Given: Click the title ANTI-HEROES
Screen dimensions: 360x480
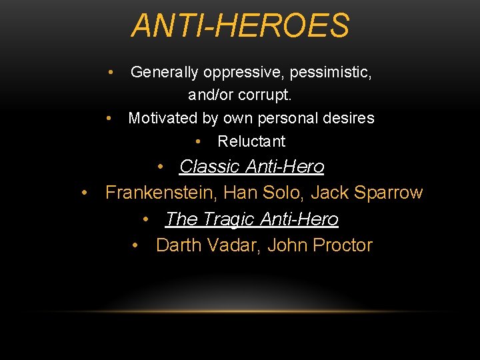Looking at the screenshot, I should [240, 26].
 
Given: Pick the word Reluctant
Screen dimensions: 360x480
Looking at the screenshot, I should [251, 141].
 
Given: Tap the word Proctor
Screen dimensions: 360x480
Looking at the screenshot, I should [342, 245].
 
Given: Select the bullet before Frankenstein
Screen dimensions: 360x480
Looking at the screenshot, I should [85, 193].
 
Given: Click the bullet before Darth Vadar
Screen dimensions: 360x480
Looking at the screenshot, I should [136, 245].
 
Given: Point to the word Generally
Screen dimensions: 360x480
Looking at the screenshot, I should [163, 72].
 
